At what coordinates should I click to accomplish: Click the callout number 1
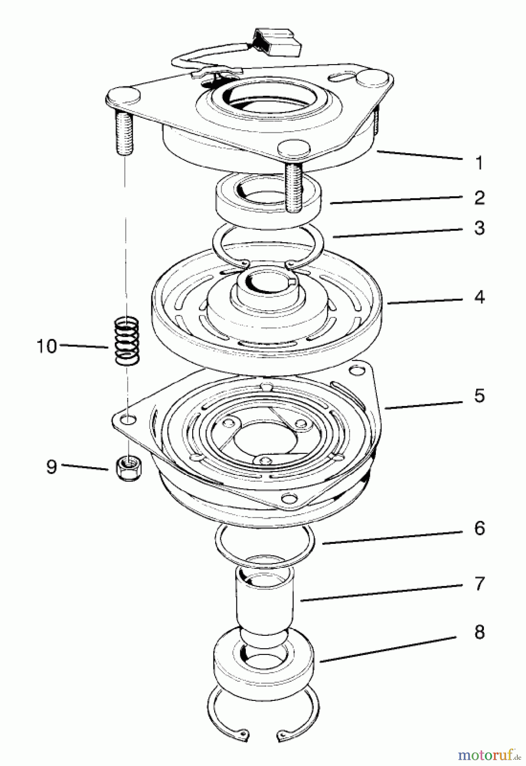[x=479, y=163]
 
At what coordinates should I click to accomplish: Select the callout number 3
[x=479, y=228]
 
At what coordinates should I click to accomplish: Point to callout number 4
[x=479, y=297]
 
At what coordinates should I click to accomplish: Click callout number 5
[x=479, y=395]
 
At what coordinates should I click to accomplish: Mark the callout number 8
[x=479, y=632]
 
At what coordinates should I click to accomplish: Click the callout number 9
[x=51, y=467]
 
